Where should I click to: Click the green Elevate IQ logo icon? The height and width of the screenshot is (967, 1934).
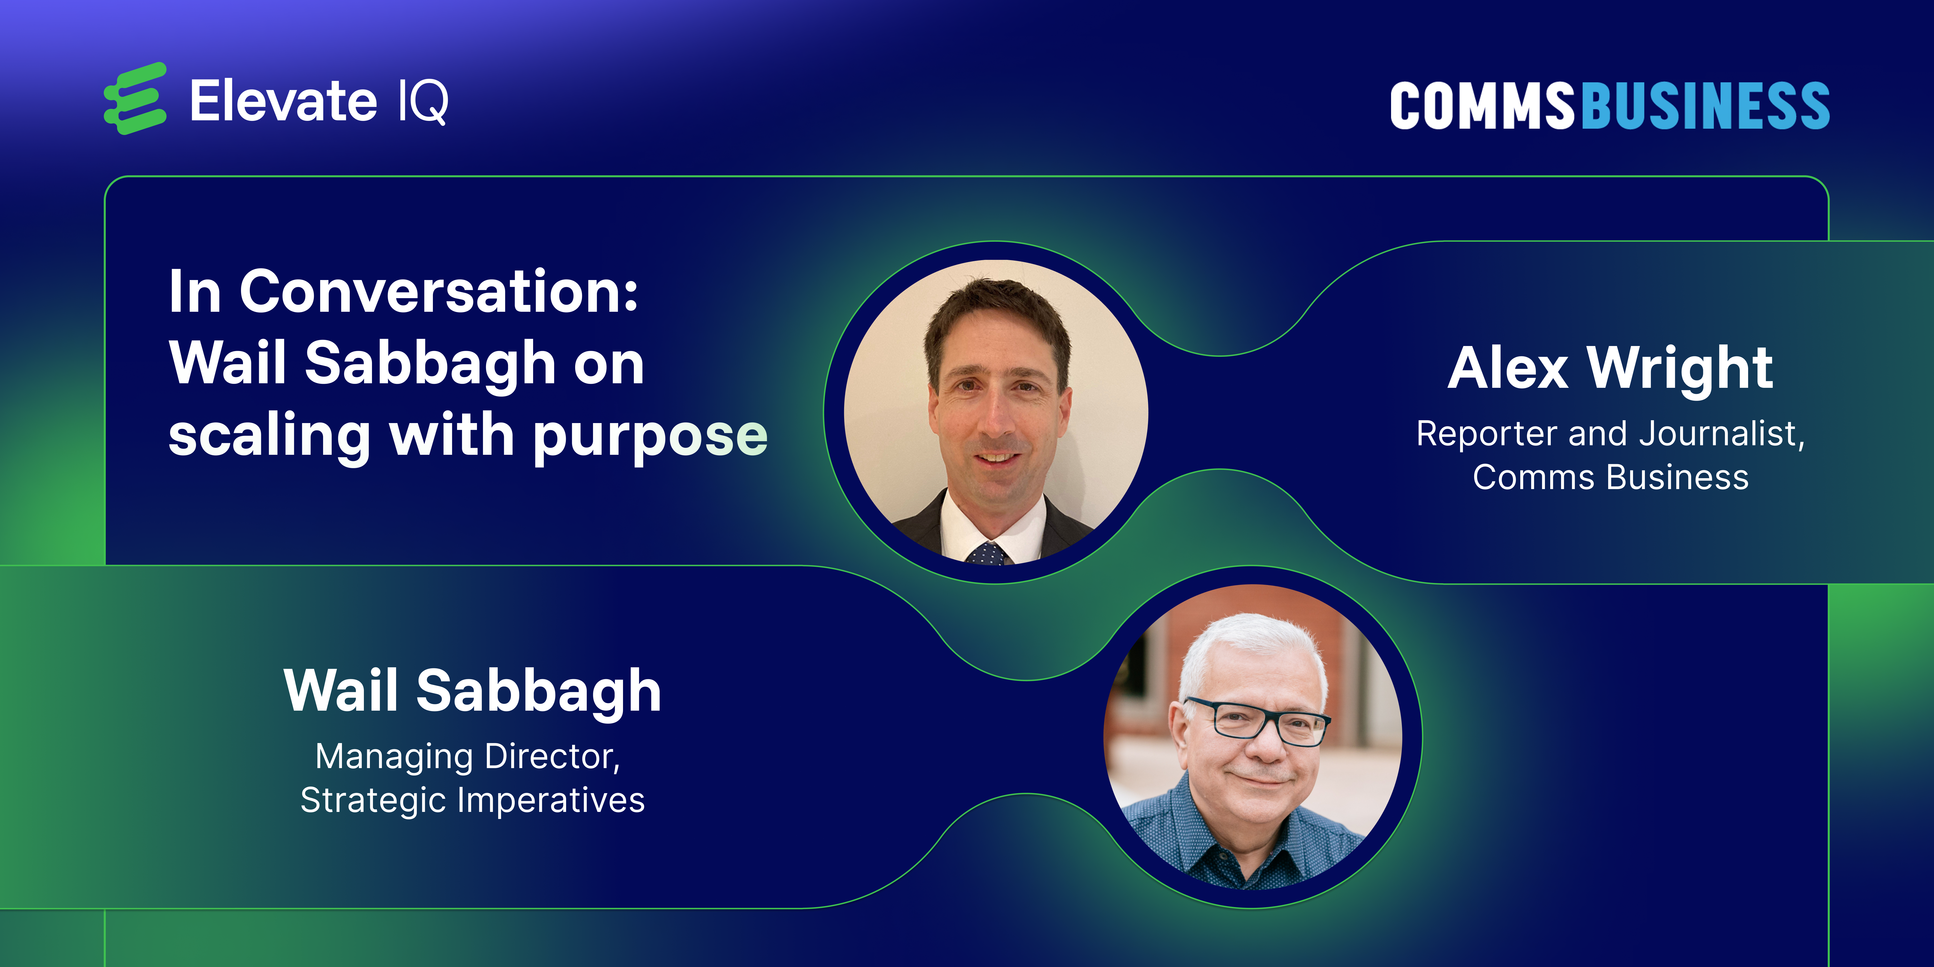coord(135,98)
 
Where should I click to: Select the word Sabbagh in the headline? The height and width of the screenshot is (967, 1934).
coord(429,364)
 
